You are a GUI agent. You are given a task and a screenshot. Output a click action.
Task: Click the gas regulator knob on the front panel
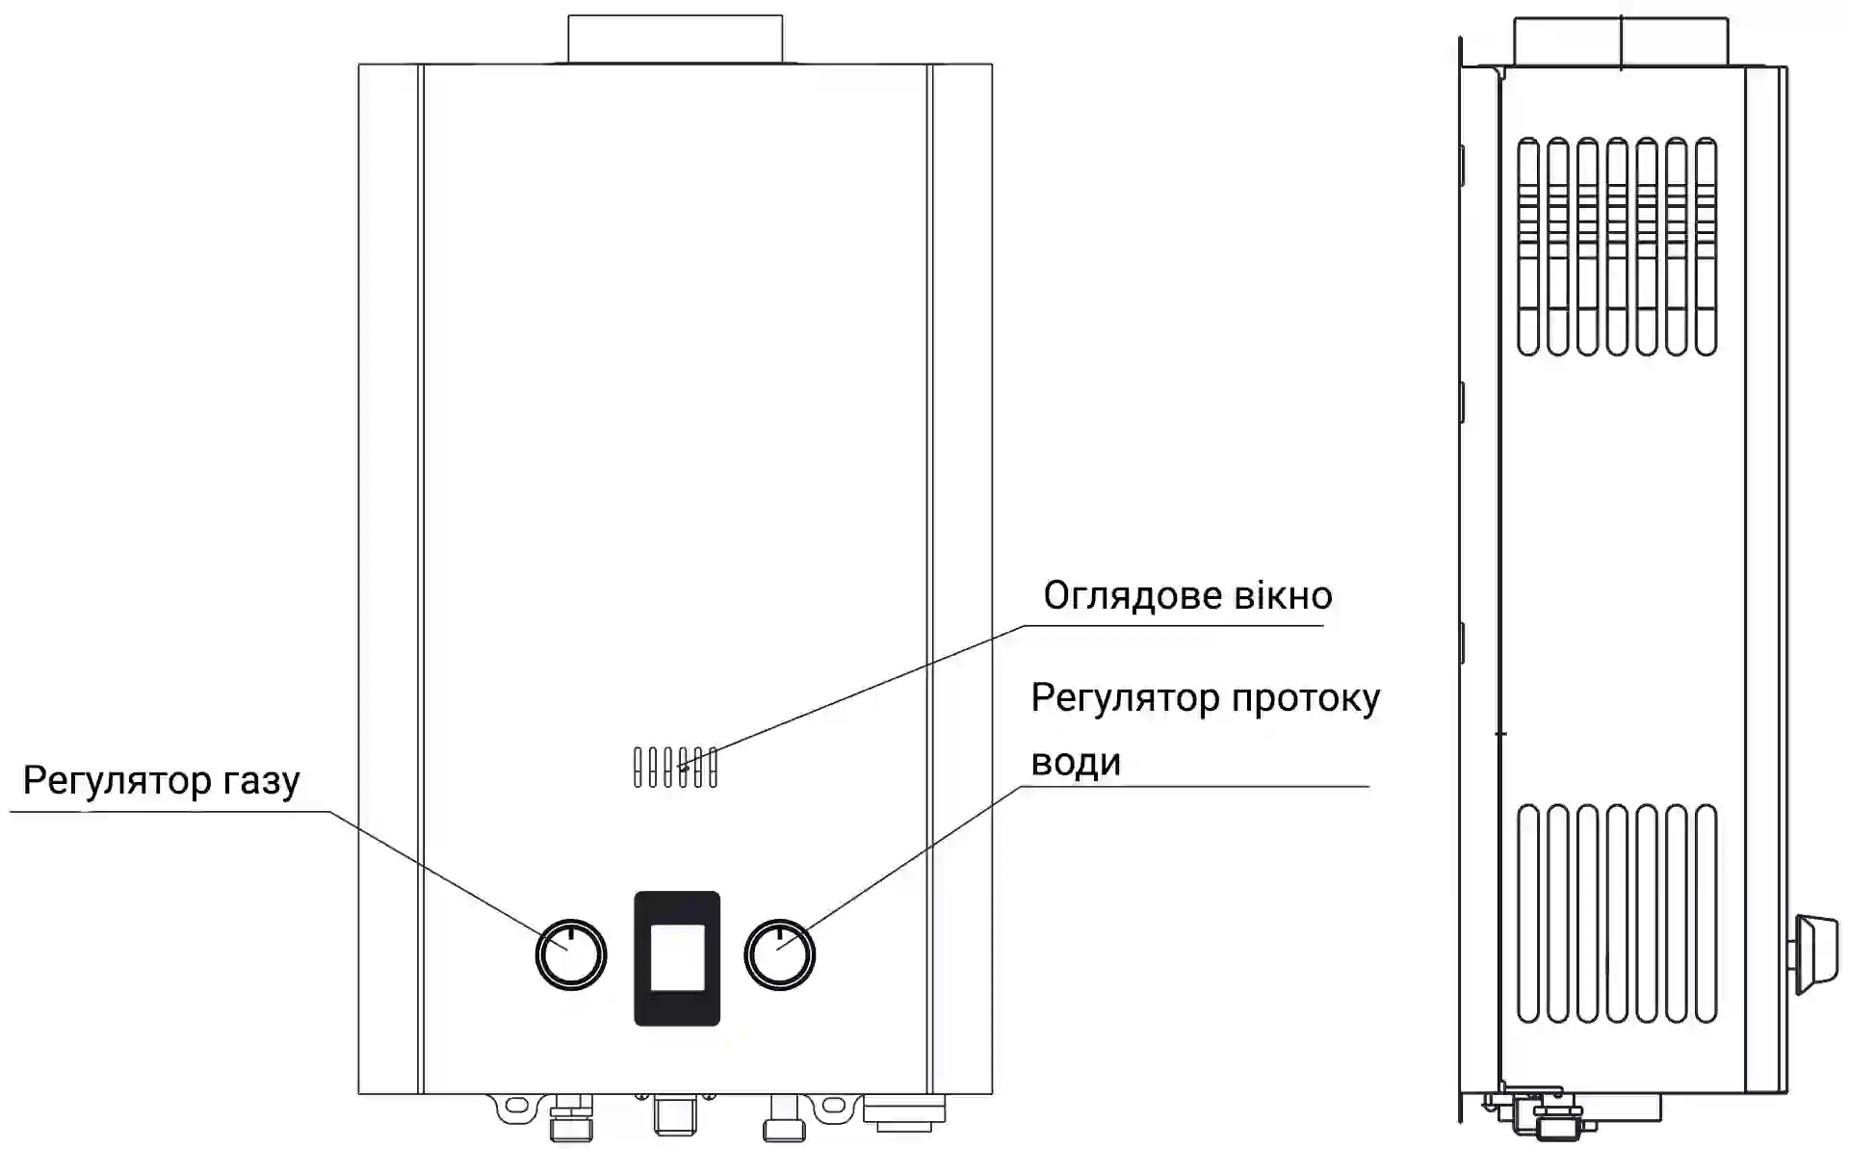(571, 954)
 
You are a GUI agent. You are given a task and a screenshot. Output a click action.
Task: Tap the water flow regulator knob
(780, 954)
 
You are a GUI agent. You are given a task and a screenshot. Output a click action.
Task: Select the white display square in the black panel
(677, 957)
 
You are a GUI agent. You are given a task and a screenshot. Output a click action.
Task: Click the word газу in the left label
(261, 781)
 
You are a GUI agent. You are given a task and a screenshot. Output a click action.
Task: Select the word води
(1076, 763)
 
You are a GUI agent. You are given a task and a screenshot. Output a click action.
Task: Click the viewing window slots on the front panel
(675, 768)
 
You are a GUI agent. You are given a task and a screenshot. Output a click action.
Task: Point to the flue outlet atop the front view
(675, 39)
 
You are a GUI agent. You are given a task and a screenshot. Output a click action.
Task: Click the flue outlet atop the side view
(1621, 42)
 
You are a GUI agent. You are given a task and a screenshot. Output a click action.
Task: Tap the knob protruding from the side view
(1814, 953)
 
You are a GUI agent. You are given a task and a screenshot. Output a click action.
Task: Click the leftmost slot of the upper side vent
(1528, 247)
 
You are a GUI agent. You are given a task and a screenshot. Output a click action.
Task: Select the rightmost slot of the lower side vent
(1706, 912)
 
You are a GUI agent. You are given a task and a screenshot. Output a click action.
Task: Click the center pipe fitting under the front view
(674, 1115)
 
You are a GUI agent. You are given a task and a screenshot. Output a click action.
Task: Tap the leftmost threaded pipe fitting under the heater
(571, 1120)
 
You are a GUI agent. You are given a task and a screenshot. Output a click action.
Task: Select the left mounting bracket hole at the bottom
(517, 1104)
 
